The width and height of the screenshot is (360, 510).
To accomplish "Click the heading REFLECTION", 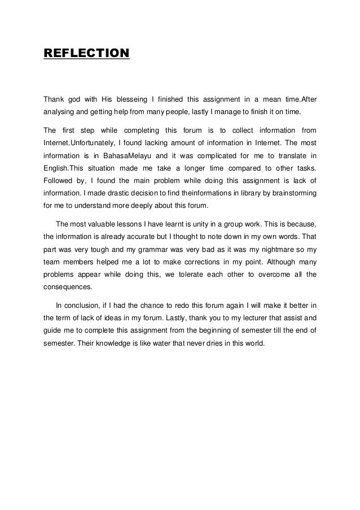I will tap(86, 54).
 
